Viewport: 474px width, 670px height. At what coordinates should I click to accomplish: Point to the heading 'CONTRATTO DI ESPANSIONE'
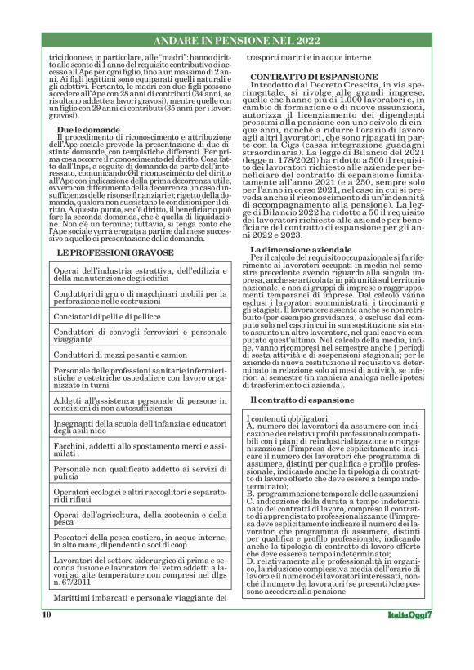click(314, 75)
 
